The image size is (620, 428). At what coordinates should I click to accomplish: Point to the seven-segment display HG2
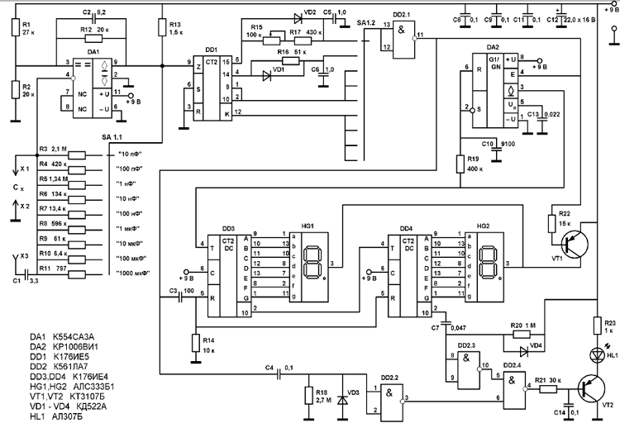487,263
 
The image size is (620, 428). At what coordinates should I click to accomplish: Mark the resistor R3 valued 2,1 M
76,154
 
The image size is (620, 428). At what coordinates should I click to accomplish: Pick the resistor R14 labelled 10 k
195,342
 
